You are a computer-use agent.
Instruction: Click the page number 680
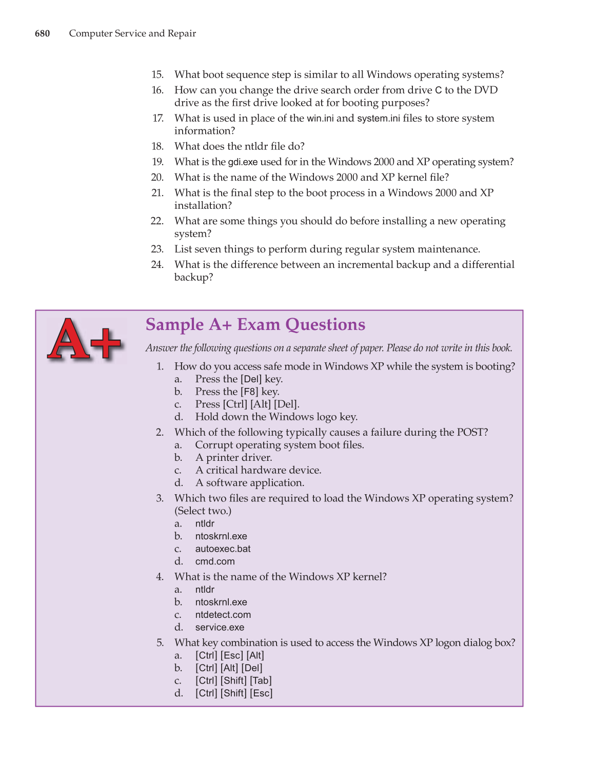click(x=42, y=34)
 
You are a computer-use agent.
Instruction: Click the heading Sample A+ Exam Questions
click(x=255, y=325)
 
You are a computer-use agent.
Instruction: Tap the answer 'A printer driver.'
click(x=233, y=457)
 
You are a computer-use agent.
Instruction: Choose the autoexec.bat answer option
click(x=223, y=549)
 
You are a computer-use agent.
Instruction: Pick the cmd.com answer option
click(x=214, y=561)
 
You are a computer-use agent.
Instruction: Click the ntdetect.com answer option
click(x=223, y=615)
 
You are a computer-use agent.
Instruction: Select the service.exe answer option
click(x=220, y=627)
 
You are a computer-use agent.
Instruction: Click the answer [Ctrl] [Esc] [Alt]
click(x=229, y=655)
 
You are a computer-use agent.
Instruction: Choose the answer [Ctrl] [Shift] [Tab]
click(x=233, y=680)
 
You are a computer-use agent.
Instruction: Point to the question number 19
click(x=157, y=162)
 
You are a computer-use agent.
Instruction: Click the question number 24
click(x=157, y=265)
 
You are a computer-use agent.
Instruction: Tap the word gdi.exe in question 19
click(x=243, y=162)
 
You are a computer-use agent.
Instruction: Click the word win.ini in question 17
click(x=320, y=119)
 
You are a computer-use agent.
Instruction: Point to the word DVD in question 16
click(x=486, y=90)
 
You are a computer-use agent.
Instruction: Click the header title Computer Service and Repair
click(x=132, y=34)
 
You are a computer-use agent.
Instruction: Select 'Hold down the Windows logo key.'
click(x=276, y=417)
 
